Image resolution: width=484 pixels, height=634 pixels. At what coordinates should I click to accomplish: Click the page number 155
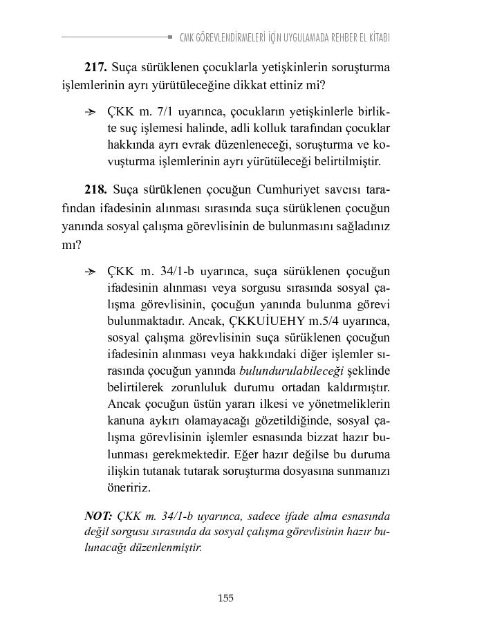(225, 598)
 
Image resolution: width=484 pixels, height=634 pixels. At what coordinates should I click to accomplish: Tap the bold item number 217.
(95, 68)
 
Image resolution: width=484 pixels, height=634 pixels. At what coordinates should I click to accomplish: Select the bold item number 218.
(95, 189)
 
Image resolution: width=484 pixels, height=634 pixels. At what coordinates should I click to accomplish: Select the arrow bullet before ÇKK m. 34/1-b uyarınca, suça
(89, 271)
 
